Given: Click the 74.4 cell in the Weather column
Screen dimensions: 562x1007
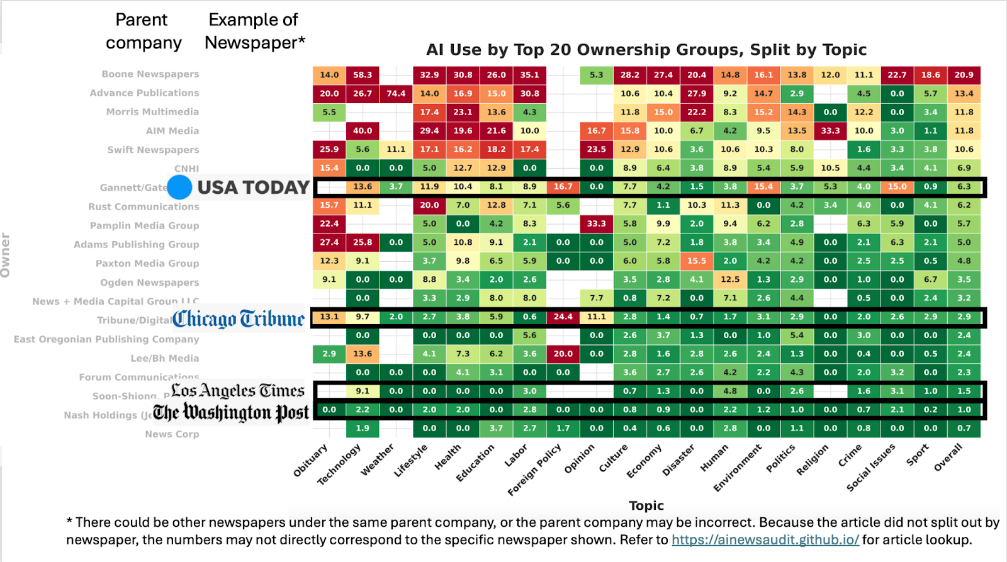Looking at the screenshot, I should click(x=396, y=93).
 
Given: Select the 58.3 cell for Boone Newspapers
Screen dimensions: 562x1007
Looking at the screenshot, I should click(x=363, y=75).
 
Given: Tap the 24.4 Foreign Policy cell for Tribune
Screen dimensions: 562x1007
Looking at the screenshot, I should click(x=563, y=317).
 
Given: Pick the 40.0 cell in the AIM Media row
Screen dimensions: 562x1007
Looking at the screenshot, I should click(x=363, y=131).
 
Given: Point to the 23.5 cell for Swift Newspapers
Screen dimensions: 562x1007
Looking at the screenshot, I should click(x=597, y=149).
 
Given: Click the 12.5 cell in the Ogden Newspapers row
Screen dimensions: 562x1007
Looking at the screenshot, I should click(x=730, y=279).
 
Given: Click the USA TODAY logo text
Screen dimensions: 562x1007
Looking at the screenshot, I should click(x=253, y=188).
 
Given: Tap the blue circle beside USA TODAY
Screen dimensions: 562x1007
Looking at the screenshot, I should click(x=179, y=187).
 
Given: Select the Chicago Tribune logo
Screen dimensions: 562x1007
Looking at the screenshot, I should click(x=239, y=319).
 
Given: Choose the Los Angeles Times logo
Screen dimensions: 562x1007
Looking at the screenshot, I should click(x=238, y=391).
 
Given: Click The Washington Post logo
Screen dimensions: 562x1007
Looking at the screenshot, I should click(x=231, y=413).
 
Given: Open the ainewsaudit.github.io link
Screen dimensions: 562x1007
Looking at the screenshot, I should click(x=765, y=540).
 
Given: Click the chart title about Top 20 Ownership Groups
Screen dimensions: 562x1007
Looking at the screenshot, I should click(x=646, y=50).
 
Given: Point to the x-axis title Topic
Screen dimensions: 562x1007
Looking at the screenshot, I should click(x=646, y=505).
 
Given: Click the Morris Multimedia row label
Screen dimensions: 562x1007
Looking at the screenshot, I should click(x=152, y=112).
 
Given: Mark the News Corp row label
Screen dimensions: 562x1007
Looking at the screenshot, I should click(x=172, y=434).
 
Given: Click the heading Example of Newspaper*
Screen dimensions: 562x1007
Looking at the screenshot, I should click(x=254, y=31).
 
